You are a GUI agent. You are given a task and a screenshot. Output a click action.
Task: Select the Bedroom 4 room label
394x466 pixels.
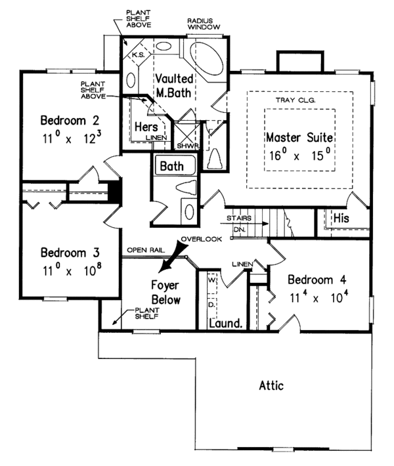pyautogui.click(x=317, y=278)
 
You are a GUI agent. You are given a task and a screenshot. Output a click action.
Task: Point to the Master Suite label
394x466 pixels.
pyautogui.click(x=300, y=138)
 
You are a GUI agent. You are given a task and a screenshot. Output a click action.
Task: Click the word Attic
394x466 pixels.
pyautogui.click(x=270, y=385)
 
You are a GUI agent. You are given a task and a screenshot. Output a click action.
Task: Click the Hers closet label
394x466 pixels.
pyautogui.click(x=144, y=125)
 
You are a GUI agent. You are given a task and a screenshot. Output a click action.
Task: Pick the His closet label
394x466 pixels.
pyautogui.click(x=340, y=217)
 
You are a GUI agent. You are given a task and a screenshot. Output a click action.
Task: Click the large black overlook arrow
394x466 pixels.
pyautogui.click(x=171, y=257)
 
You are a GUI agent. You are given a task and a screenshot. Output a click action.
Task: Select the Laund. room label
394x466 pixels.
pyautogui.click(x=222, y=324)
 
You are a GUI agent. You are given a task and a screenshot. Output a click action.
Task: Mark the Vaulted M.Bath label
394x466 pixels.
pyautogui.click(x=174, y=86)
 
